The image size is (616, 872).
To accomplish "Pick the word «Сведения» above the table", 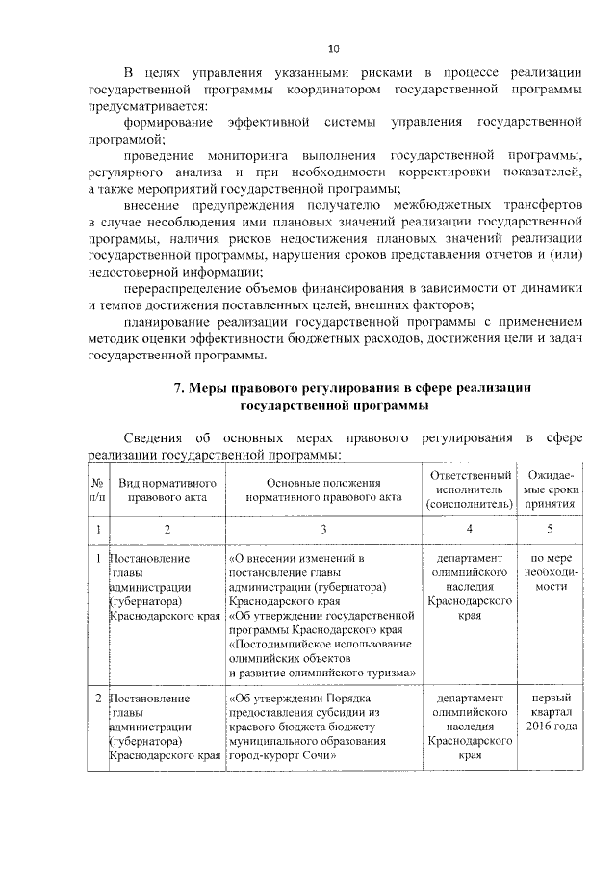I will [x=156, y=438].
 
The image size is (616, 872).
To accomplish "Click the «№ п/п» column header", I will [x=97, y=489].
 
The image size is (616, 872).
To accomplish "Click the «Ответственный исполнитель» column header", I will [x=469, y=489].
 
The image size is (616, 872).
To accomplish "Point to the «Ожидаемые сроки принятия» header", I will [x=550, y=489].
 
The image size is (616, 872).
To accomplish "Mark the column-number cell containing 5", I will [x=550, y=529].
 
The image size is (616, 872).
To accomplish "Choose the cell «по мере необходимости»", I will [x=550, y=571].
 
